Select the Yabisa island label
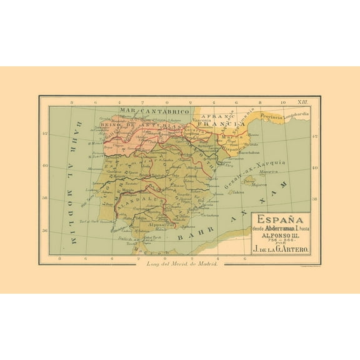click(236, 192)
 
